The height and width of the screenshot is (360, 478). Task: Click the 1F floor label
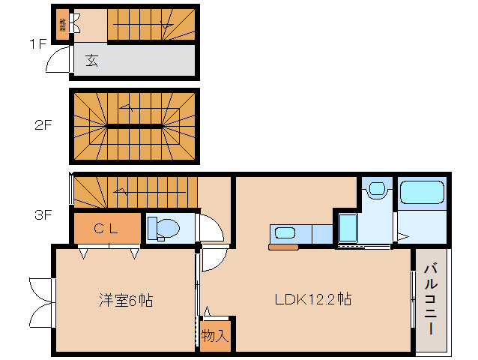37,43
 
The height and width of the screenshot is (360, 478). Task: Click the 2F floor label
42,125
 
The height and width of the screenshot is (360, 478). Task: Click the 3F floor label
42,215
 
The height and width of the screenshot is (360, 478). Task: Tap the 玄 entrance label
91,60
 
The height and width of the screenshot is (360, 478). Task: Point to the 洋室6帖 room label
126,301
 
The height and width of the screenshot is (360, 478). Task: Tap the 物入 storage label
216,335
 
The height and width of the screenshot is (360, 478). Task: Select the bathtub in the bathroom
422,193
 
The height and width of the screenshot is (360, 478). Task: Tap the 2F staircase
135,125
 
